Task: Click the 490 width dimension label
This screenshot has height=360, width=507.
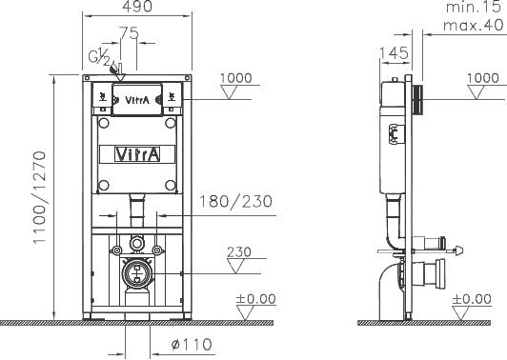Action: click(x=137, y=6)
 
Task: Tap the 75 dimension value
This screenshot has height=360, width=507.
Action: click(x=129, y=33)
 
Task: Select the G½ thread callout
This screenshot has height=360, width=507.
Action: click(x=99, y=56)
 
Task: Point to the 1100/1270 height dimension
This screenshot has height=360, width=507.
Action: click(x=40, y=197)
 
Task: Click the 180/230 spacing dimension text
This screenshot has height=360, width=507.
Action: click(x=235, y=201)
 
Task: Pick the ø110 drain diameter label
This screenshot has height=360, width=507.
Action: click(x=192, y=344)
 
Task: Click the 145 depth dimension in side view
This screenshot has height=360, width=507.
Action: click(x=394, y=53)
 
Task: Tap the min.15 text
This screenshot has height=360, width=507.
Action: click(x=473, y=7)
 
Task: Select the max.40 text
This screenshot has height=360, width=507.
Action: click(x=473, y=25)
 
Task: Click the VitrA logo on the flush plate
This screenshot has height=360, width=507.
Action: click(x=137, y=100)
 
